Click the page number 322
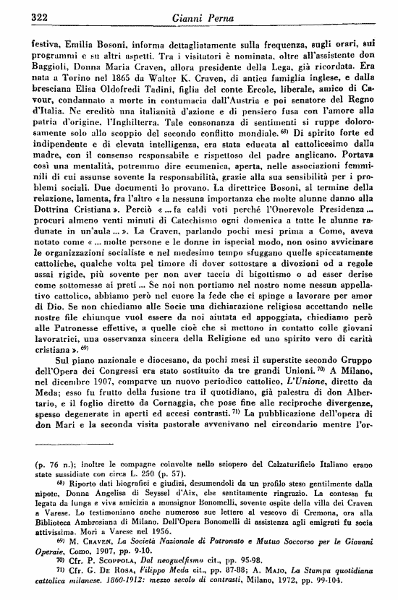(x=25, y=16)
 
